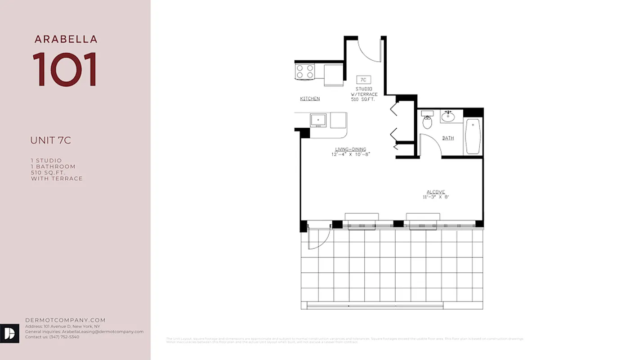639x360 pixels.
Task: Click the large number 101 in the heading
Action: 65,69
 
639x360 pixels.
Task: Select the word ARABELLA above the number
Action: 66,39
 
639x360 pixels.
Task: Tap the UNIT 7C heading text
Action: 50,140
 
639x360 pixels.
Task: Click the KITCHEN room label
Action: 310,99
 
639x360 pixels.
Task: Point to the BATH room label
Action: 448,138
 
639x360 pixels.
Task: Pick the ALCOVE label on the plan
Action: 436,192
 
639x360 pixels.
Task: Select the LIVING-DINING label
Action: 350,149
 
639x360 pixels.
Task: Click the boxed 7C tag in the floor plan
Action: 364,80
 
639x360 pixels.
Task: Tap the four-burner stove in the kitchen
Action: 305,72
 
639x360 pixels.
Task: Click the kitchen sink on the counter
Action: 318,120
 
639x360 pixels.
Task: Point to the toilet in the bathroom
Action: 427,121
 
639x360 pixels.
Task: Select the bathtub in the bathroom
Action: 473,136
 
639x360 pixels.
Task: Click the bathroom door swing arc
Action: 430,145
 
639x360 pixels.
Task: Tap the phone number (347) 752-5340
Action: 64,337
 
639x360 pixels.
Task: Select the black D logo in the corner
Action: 9,333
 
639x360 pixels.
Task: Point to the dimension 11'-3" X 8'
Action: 436,197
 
